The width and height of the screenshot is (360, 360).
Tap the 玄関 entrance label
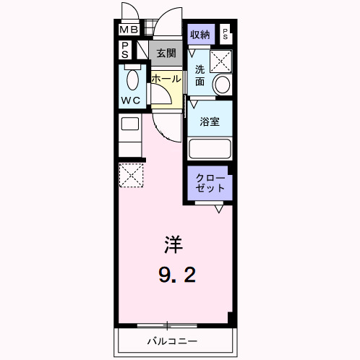pyautogui.click(x=166, y=53)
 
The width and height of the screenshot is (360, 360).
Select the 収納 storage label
pyautogui.click(x=200, y=34)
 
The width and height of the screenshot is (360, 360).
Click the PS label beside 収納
pyautogui.click(x=226, y=33)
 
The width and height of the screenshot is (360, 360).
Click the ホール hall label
pyautogui.click(x=166, y=78)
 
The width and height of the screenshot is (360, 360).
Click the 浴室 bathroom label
pyautogui.click(x=210, y=122)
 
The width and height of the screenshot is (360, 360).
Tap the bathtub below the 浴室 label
pyautogui.click(x=210, y=150)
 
